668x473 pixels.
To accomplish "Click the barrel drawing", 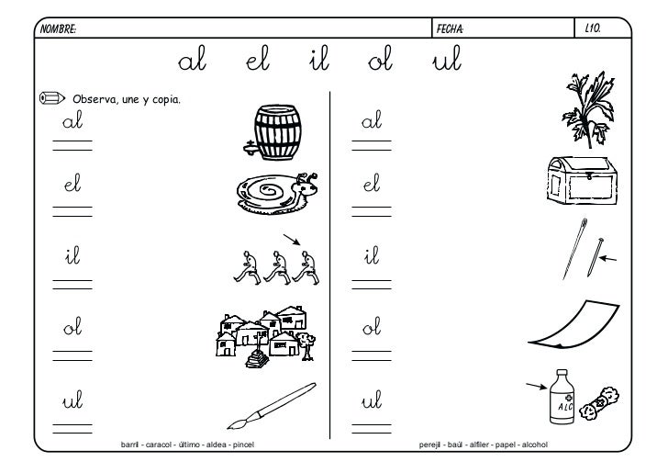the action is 273,132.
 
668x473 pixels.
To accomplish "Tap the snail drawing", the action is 277,193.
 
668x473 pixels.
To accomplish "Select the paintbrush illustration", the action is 272,406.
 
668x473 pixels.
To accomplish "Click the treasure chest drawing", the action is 582,180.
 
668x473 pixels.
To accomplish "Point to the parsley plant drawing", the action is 590,109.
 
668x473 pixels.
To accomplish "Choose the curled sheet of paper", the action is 573,324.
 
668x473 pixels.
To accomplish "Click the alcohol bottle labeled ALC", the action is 562,397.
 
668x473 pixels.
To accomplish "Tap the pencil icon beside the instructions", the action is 52,98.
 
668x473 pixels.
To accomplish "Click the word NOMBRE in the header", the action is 58,29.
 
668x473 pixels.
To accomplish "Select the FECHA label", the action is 450,29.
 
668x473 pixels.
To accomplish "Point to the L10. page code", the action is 593,28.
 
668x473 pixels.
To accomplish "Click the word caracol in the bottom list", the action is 159,445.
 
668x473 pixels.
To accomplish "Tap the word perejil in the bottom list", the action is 429,445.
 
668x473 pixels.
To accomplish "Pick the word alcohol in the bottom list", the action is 535,445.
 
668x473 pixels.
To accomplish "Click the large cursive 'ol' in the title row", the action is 380,59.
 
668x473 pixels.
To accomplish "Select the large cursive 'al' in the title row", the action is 192,59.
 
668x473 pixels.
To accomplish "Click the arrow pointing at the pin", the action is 607,258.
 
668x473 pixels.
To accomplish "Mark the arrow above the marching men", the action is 292,240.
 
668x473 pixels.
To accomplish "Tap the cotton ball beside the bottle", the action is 599,403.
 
